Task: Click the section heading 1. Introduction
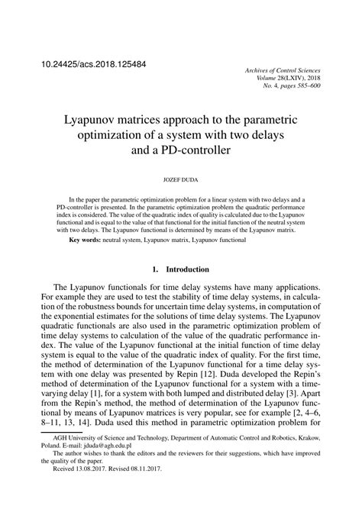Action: coord(181,270)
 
